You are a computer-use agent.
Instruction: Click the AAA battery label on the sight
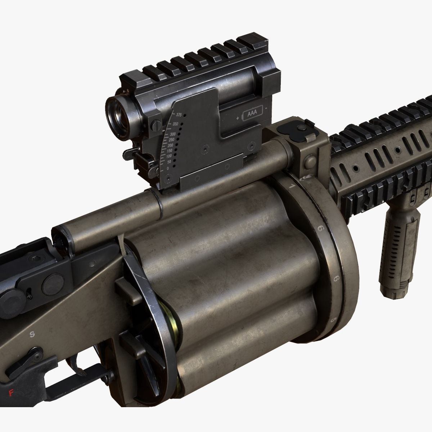[253, 116]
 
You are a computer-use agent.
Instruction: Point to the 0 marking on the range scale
[168, 168]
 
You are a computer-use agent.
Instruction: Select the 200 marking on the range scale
[170, 145]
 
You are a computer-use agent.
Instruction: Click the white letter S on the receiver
[32, 334]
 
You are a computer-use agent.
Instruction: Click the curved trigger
[77, 362]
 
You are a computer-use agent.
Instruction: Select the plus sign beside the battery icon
[238, 118]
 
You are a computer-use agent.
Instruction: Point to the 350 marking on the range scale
[176, 123]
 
